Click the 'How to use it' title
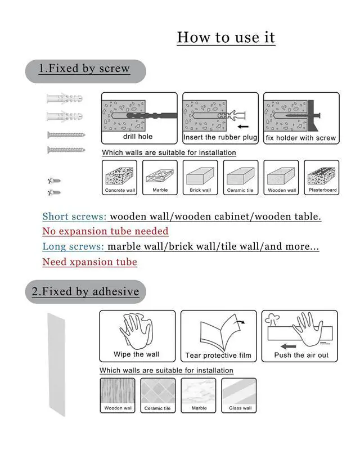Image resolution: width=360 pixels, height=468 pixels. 226,37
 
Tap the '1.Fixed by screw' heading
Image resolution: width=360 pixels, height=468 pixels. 84,69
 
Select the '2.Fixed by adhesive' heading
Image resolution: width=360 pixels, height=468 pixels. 85,291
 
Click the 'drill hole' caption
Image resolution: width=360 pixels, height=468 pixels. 138,136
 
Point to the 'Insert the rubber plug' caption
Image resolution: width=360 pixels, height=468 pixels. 220,137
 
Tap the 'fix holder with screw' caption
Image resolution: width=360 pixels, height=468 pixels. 301,138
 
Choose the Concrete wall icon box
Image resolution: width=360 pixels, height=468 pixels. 119,178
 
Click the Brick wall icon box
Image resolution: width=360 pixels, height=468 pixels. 200,178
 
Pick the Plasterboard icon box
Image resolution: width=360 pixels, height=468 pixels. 322,178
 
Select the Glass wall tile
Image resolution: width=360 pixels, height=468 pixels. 239,395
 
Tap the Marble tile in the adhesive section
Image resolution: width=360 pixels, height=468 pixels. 198,395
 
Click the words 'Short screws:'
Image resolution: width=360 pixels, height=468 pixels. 74,217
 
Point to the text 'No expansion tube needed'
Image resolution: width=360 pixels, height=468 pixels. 105,231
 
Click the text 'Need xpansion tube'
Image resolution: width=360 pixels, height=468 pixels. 90,262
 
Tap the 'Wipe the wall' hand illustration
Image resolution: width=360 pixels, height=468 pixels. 137,331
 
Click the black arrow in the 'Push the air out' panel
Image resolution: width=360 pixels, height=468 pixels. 289,346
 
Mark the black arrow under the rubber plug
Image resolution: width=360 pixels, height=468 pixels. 243,127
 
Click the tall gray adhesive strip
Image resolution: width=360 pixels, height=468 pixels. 56,364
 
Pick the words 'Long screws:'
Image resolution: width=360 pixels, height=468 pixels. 73,246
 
